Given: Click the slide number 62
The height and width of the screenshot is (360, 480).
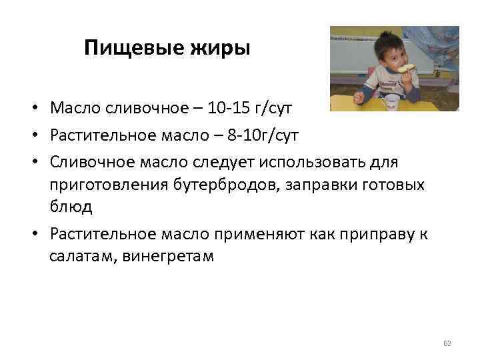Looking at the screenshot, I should [447, 343].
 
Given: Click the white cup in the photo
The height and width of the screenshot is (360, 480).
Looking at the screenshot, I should [393, 102].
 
